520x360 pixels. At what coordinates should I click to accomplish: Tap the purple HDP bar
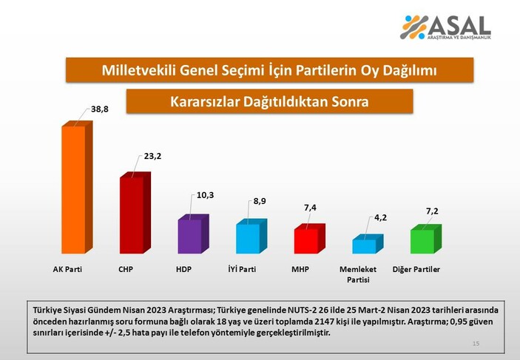[190, 236]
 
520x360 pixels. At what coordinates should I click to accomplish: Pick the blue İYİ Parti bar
[247, 238]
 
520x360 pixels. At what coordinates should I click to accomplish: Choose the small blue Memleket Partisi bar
[365, 245]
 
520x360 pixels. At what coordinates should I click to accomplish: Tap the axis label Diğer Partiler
[415, 270]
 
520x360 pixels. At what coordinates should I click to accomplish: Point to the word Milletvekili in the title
[137, 71]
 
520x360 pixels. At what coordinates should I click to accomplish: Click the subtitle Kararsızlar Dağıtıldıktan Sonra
[269, 101]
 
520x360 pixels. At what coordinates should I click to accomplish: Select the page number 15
[476, 344]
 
